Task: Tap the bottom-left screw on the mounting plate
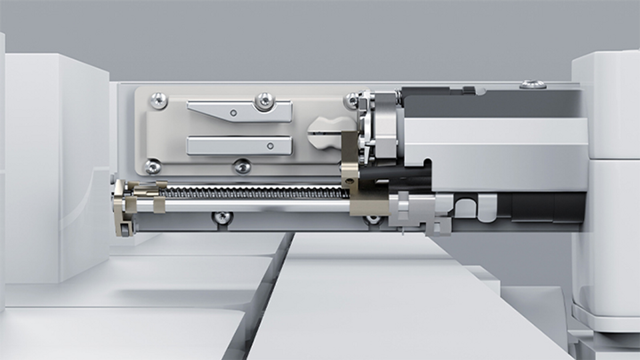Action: click(153, 166)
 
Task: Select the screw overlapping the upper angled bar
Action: click(265, 101)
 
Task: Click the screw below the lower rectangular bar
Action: click(243, 165)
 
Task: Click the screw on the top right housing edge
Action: click(533, 85)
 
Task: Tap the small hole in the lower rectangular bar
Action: click(269, 145)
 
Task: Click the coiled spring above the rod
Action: click(253, 193)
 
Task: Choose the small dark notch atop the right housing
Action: click(470, 90)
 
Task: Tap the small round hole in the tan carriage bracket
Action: click(348, 181)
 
